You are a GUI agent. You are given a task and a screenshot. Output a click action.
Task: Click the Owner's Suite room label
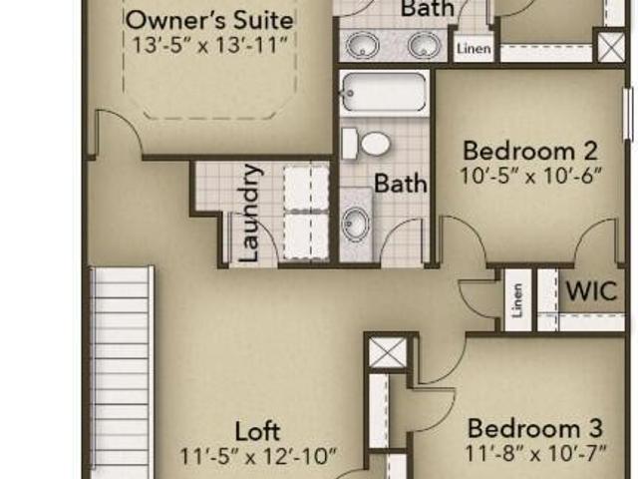pos(209,20)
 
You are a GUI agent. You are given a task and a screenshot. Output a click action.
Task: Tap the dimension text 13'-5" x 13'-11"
pos(210,45)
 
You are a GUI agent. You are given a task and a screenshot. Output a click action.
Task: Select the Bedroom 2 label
pos(530,151)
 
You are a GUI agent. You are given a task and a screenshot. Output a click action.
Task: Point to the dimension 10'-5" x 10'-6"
pos(530,176)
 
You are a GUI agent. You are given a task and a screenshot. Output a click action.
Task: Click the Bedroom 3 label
pos(535,428)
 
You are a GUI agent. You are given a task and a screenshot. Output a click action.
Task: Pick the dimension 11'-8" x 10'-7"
pos(535,453)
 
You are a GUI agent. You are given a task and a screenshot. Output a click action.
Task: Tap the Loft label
pos(257,431)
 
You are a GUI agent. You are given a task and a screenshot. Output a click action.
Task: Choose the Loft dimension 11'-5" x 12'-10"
pos(258,456)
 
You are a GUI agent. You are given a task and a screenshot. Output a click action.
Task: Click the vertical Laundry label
pos(249,213)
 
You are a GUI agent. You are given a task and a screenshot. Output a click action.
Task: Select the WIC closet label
pos(591,290)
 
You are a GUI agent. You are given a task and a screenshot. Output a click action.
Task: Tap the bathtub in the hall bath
pos(384,93)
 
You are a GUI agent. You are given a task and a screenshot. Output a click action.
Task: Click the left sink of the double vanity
pos(363,45)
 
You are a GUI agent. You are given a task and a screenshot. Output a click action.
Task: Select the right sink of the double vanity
pos(425,45)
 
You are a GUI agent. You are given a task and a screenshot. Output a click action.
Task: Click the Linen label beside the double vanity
pos(474,49)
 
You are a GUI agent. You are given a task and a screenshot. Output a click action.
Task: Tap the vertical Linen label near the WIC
pos(517,300)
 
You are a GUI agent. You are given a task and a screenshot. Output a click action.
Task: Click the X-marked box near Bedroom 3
pos(387,353)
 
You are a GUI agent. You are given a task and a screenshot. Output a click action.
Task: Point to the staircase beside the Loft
pos(121,371)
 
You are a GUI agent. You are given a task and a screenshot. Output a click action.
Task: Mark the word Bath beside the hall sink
pos(401,183)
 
